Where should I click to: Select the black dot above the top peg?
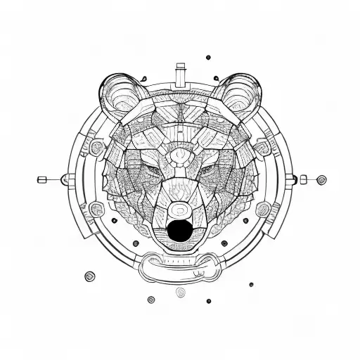click(x=207, y=58)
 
